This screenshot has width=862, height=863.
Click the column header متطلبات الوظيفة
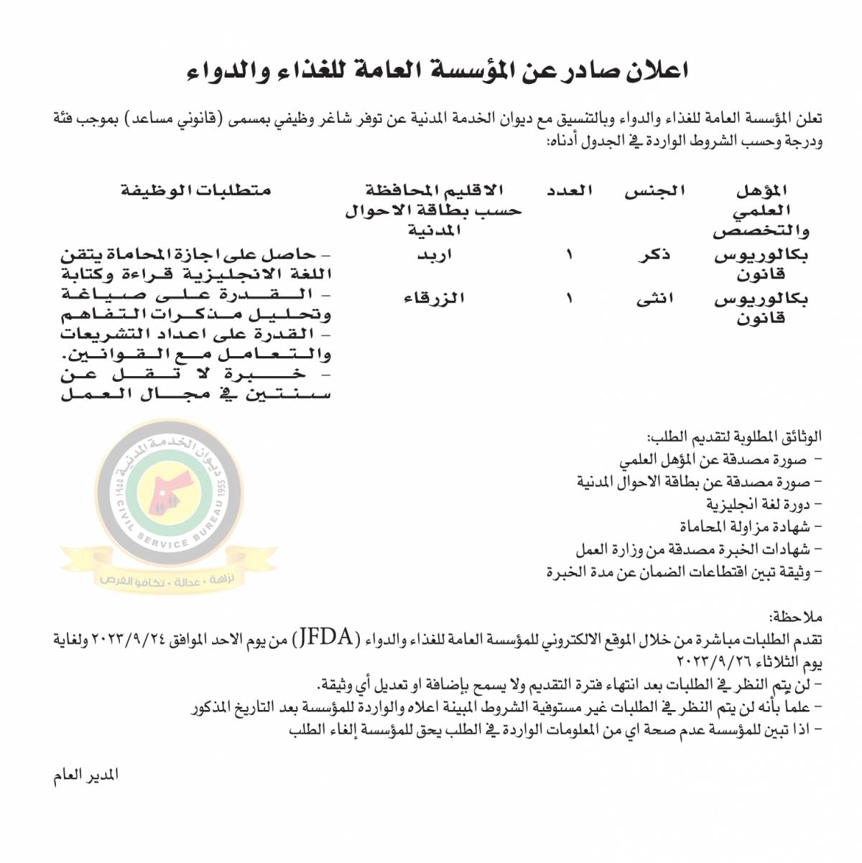pos(195,191)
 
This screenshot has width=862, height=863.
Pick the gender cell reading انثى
pos(654,300)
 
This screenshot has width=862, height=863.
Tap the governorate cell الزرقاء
pos(434,299)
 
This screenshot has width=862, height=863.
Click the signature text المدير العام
pos(85,776)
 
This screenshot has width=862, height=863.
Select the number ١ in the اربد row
pos(570,256)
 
